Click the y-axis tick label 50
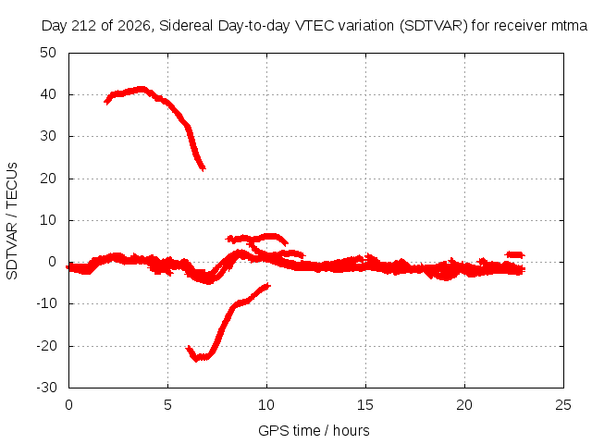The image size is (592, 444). (48, 53)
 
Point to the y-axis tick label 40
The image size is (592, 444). (48, 94)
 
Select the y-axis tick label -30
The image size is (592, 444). (46, 388)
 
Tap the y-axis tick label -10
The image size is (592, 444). (46, 303)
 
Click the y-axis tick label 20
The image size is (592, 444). (48, 179)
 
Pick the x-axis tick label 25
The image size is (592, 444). (563, 405)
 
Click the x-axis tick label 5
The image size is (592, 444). (167, 405)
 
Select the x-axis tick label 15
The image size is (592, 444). (365, 405)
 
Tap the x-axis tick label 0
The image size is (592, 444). (68, 405)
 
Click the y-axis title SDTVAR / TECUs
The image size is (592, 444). (12, 221)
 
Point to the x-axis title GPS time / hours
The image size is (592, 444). (314, 430)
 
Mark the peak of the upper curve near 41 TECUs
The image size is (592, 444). (142, 89)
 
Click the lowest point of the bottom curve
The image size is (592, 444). (196, 360)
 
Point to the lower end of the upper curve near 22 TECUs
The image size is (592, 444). (203, 168)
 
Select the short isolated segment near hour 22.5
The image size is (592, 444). (515, 255)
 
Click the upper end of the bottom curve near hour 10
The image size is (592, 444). (268, 286)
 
